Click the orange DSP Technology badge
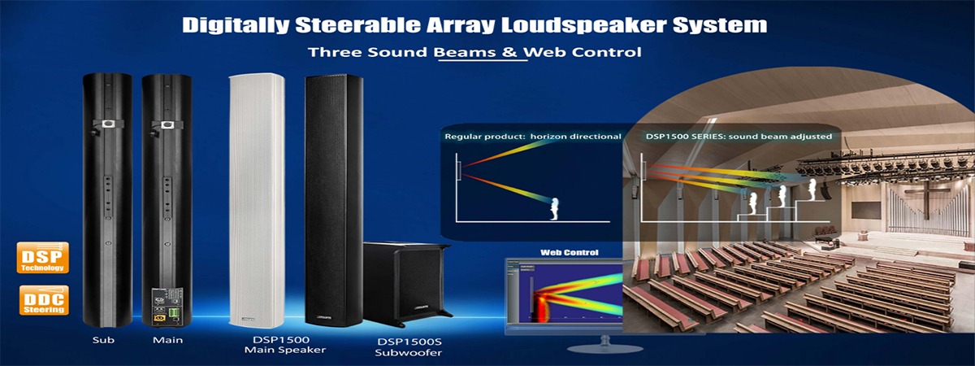43,257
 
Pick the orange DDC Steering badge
43,300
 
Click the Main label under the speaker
167,340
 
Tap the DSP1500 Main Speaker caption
285,344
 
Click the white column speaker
257,195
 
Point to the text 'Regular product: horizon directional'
532,137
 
